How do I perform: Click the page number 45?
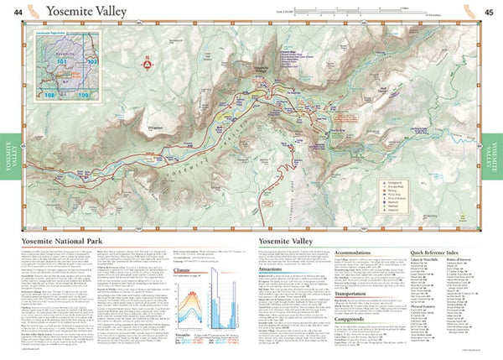pos(488,11)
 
